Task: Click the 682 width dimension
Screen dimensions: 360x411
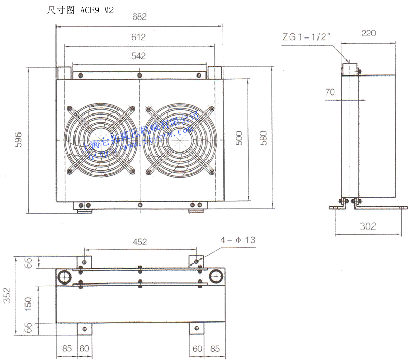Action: (x=139, y=16)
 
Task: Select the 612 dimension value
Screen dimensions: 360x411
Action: (x=139, y=37)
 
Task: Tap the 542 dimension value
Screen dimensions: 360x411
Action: (x=139, y=56)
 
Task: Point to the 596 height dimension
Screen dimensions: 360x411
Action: (x=18, y=140)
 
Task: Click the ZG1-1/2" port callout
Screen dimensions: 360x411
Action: (x=309, y=36)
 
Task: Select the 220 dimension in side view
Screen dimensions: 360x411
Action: (x=368, y=33)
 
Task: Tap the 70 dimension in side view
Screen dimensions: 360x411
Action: (x=330, y=92)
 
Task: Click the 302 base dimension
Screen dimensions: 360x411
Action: (x=368, y=226)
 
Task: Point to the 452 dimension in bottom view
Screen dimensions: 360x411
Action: (x=139, y=241)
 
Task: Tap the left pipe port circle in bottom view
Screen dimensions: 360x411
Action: (x=66, y=277)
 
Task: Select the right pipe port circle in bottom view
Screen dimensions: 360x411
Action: (x=214, y=277)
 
